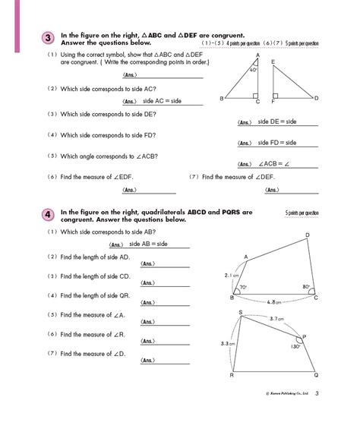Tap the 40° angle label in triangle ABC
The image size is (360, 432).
click(x=254, y=71)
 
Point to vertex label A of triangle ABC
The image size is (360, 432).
click(x=258, y=55)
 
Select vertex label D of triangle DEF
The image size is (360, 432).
click(x=316, y=98)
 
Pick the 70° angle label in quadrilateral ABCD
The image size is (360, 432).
click(x=243, y=289)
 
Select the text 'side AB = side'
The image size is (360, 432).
click(x=148, y=244)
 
